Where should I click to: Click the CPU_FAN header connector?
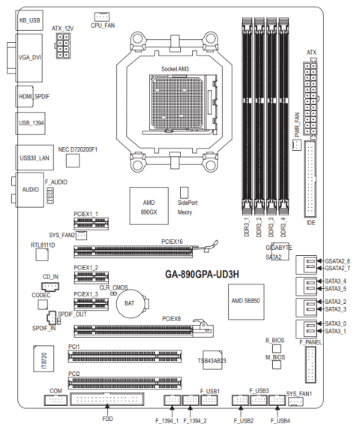click(x=102, y=17)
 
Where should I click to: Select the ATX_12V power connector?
click(x=63, y=46)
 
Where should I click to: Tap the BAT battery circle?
click(x=129, y=303)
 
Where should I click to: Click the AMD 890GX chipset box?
click(x=148, y=206)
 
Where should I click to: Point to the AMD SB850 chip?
click(x=246, y=302)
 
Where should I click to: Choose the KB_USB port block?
click(x=29, y=20)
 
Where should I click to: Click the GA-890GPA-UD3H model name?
click(x=202, y=274)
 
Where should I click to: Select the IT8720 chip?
click(x=43, y=359)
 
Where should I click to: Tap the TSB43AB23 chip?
click(x=212, y=359)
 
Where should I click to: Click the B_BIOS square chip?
click(x=277, y=348)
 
